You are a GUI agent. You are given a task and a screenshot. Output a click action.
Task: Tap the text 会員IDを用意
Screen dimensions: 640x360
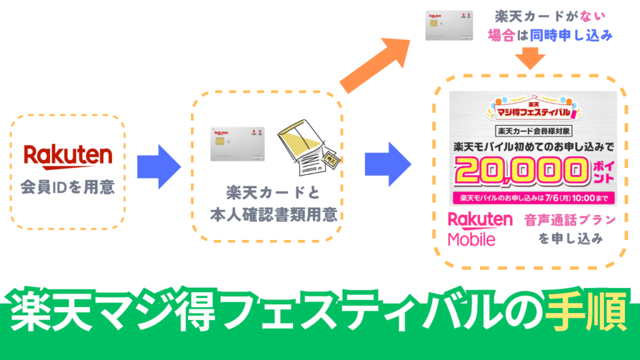(67, 187)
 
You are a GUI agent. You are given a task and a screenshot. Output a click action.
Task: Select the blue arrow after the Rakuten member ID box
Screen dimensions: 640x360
(159, 166)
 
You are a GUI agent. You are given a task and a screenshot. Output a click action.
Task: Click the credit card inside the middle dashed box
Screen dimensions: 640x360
(237, 144)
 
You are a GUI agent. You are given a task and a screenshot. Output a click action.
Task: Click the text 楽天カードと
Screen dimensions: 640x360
(273, 193)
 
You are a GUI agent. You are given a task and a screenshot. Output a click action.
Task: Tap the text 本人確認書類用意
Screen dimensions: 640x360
(274, 214)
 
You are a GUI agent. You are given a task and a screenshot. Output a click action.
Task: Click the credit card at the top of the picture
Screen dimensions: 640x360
(449, 25)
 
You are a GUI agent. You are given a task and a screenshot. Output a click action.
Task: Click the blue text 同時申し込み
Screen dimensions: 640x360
(571, 36)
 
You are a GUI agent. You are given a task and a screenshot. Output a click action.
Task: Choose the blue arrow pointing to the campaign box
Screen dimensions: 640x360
(387, 164)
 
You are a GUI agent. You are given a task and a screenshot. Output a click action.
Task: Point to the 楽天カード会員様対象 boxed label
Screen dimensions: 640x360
(534, 131)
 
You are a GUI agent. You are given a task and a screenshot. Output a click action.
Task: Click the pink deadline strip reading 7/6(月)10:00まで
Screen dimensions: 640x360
(534, 198)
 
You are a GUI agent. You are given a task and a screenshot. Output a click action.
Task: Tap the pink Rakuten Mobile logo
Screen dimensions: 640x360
(480, 229)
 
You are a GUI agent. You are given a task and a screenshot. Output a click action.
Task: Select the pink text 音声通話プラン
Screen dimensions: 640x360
(570, 221)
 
